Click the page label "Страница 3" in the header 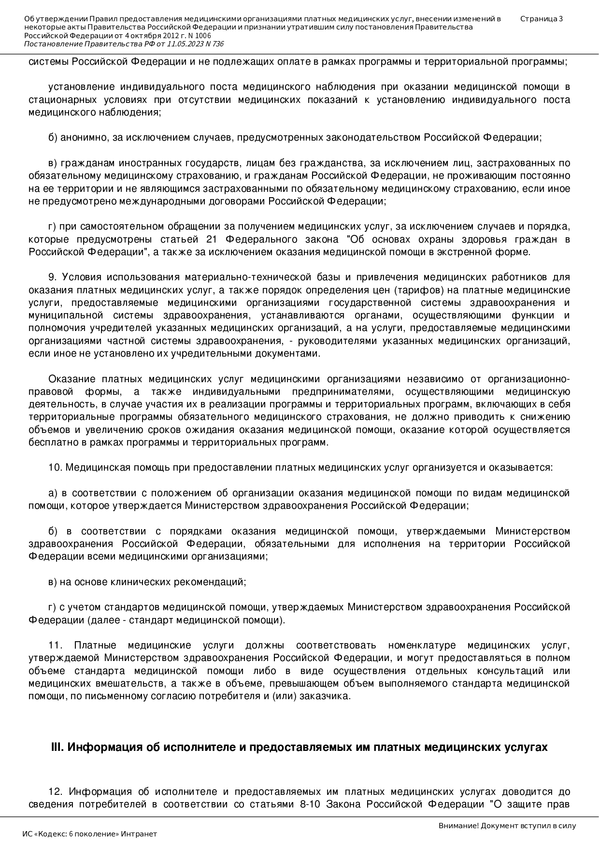click(541, 19)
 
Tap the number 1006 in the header click(203, 36)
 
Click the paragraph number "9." click(53, 277)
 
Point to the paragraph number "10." click(56, 468)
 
